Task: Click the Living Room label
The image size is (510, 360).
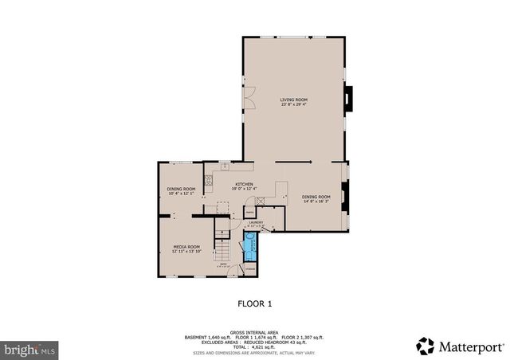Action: pyautogui.click(x=294, y=99)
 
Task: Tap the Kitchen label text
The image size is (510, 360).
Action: pyautogui.click(x=244, y=184)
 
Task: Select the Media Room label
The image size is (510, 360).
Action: pyautogui.click(x=186, y=247)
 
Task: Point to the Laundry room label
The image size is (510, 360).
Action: pyautogui.click(x=255, y=223)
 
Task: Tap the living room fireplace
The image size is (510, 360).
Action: pyautogui.click(x=347, y=99)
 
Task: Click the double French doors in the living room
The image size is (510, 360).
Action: pyautogui.click(x=249, y=100)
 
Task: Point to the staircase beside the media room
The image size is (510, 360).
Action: pyautogui.click(x=220, y=240)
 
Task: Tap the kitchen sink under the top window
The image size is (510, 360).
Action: pyautogui.click(x=225, y=166)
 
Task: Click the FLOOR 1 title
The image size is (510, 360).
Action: pyautogui.click(x=255, y=303)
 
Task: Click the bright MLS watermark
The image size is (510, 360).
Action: pyautogui.click(x=29, y=349)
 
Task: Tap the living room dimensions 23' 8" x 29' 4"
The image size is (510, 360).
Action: pyautogui.click(x=294, y=104)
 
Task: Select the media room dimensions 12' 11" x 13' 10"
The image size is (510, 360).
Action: pyautogui.click(x=186, y=252)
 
